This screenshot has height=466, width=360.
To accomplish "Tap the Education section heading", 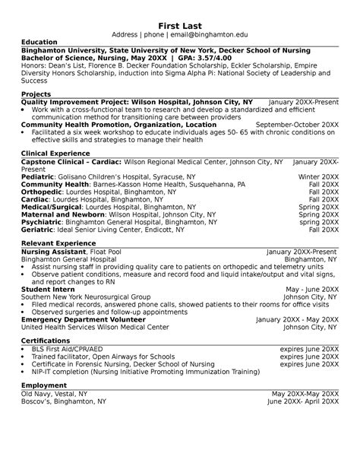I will point(39,42).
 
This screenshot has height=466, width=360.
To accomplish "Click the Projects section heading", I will point(36,93).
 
